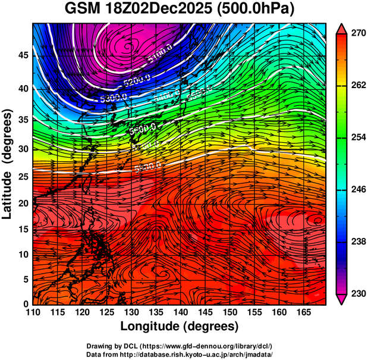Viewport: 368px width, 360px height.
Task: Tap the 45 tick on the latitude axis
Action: pyautogui.click(x=23, y=55)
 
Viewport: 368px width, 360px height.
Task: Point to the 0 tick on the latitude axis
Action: pyautogui.click(x=26, y=303)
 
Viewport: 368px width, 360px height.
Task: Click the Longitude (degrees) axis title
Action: pyautogui.click(x=180, y=326)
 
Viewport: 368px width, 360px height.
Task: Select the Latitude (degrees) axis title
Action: pyautogui.click(x=8, y=164)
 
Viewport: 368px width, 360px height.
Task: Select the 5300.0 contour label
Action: pyautogui.click(x=114, y=96)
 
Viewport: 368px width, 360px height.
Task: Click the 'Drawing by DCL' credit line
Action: pyautogui.click(x=180, y=346)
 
